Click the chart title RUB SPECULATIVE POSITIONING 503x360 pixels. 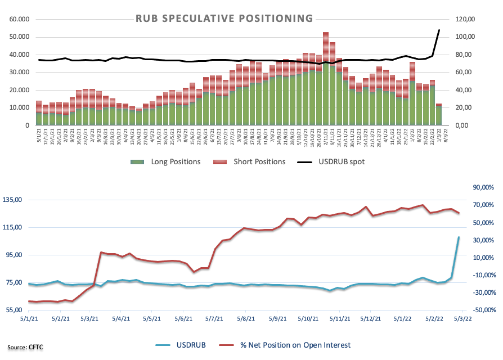click(x=224, y=19)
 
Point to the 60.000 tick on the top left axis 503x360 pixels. click(x=19, y=19)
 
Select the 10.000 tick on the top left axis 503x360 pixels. click(x=19, y=107)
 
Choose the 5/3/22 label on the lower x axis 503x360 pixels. click(x=462, y=318)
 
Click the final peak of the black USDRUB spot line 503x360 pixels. click(x=439, y=30)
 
